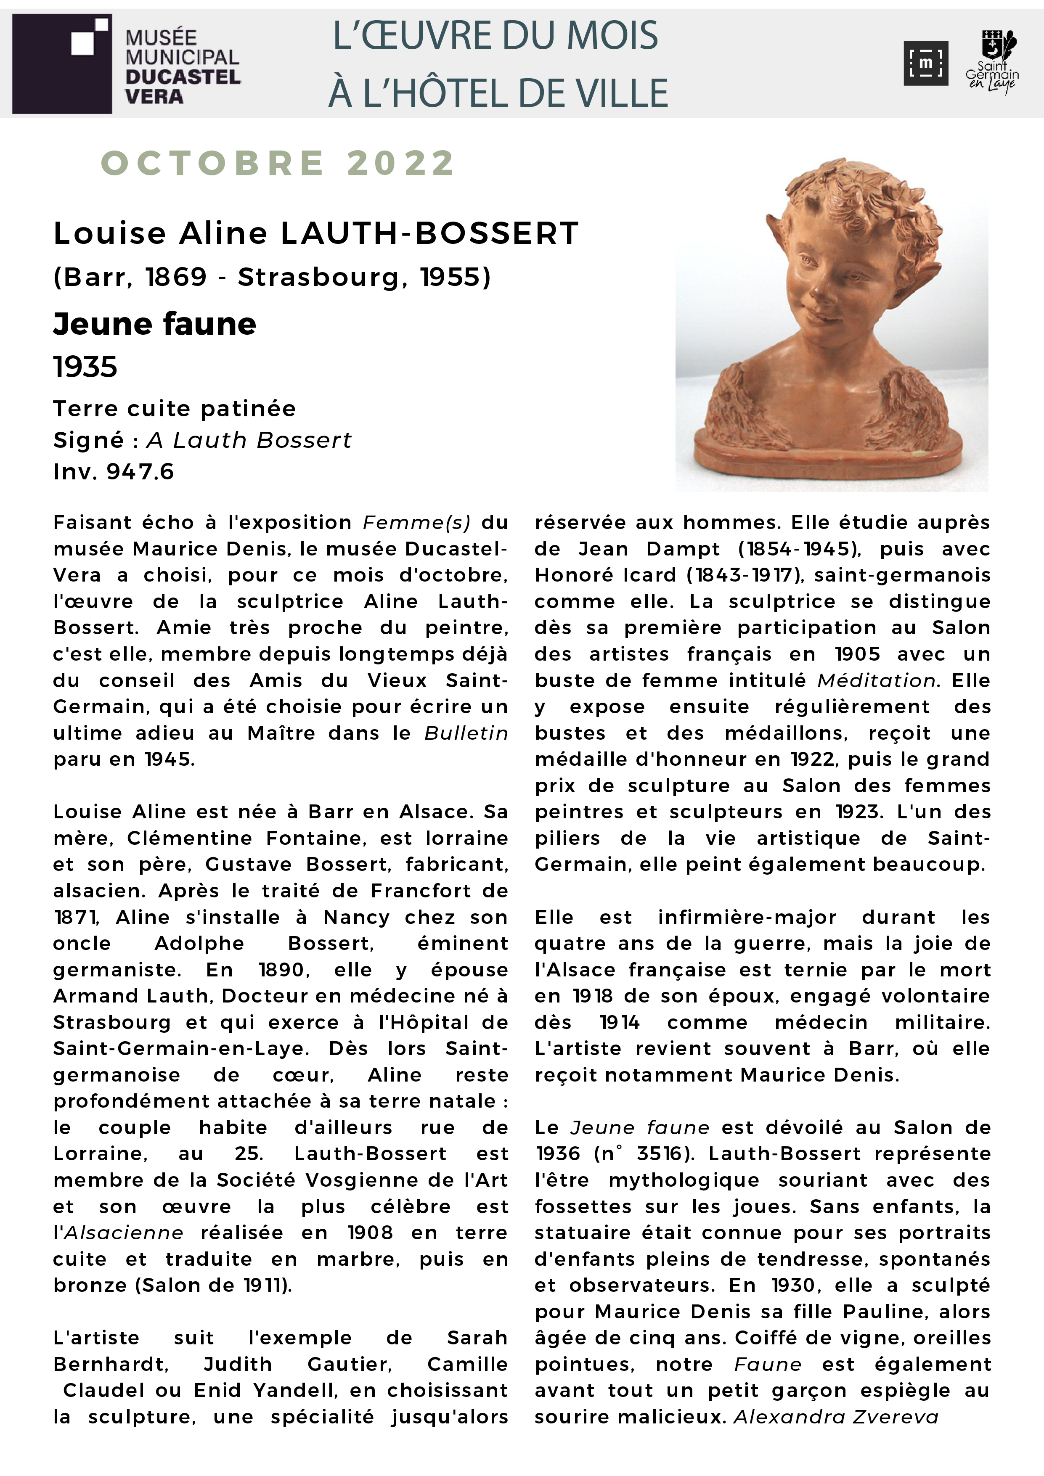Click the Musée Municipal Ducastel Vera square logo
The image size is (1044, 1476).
coord(62,63)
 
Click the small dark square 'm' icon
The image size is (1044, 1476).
coord(925,63)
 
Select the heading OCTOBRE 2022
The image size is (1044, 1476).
coord(278,163)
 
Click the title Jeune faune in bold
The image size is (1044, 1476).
coord(154,324)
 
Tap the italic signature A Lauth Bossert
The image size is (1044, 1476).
coord(249,440)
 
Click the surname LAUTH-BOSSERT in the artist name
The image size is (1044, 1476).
coord(429,233)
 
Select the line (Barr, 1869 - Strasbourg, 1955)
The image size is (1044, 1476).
coord(272,277)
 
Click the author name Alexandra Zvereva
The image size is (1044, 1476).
coord(836,1417)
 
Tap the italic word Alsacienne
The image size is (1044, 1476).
coord(123,1233)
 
